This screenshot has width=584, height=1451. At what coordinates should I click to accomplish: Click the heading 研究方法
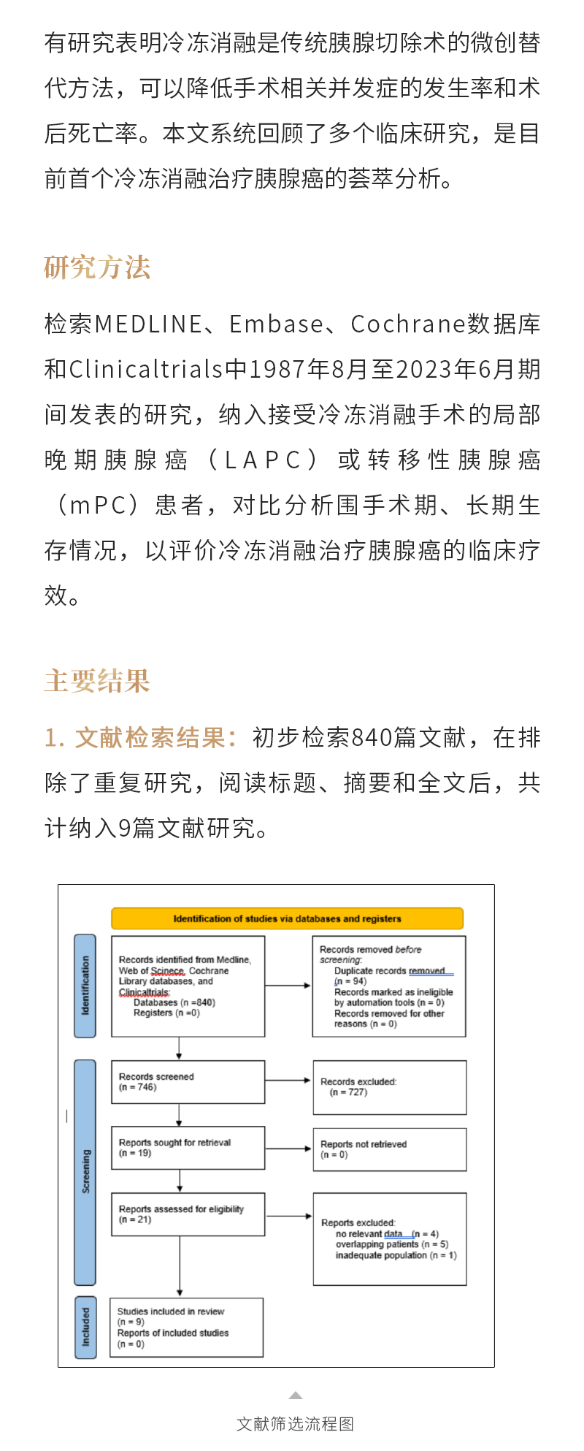pyautogui.click(x=97, y=268)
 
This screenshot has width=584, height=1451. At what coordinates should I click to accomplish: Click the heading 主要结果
pyautogui.click(x=97, y=681)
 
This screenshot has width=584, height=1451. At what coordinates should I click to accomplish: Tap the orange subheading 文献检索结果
pyautogui.click(x=150, y=738)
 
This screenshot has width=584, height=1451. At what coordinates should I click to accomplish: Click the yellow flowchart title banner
pyautogui.click(x=287, y=918)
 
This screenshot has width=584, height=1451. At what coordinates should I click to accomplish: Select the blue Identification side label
pyautogui.click(x=85, y=986)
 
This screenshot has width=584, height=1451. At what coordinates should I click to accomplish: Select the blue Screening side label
pyautogui.click(x=85, y=1171)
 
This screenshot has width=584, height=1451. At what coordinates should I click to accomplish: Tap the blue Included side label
pyautogui.click(x=85, y=1328)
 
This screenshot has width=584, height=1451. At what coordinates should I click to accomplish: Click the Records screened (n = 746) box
pyautogui.click(x=188, y=1082)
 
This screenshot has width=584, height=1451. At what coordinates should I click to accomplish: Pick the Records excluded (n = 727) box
pyautogui.click(x=389, y=1087)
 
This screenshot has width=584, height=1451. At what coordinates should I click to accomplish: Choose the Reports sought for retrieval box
pyautogui.click(x=188, y=1148)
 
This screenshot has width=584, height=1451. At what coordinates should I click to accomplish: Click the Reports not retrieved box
pyautogui.click(x=389, y=1149)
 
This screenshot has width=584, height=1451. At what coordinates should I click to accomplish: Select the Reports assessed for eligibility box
pyautogui.click(x=188, y=1214)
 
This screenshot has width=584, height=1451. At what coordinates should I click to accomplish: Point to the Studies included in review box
pyautogui.click(x=186, y=1328)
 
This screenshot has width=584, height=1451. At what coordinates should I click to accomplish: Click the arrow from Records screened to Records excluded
pyautogui.click(x=288, y=1081)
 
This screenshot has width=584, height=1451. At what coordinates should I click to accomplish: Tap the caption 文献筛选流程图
pyautogui.click(x=295, y=1424)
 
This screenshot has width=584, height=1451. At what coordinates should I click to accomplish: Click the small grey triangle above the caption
pyautogui.click(x=295, y=1395)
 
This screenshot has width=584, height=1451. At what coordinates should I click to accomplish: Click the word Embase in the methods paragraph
pyautogui.click(x=277, y=324)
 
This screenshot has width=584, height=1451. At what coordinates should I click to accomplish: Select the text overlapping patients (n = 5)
pyautogui.click(x=392, y=1244)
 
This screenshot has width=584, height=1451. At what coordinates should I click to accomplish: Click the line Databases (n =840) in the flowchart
pyautogui.click(x=174, y=1002)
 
